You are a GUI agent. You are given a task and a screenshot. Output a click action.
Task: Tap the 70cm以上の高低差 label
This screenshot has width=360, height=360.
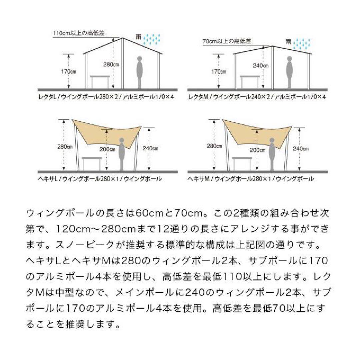(227, 42)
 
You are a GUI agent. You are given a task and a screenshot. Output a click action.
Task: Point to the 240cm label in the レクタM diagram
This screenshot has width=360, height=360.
(260, 66)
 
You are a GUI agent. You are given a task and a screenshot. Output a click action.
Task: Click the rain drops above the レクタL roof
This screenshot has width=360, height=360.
(152, 40)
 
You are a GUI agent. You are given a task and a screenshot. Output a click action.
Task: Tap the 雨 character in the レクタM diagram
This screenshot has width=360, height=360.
(288, 42)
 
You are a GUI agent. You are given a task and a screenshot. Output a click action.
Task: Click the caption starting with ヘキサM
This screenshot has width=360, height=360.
(250, 179)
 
